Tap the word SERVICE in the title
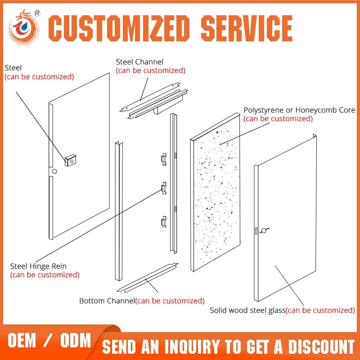(x=246, y=28)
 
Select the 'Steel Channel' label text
(x=139, y=62)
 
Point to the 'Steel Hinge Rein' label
(x=38, y=266)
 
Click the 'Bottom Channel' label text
(x=107, y=301)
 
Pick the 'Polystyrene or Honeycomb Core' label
(x=299, y=110)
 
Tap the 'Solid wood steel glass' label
(x=247, y=310)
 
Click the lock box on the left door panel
(x=70, y=159)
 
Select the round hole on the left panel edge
(x=54, y=172)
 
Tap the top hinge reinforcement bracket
(x=164, y=158)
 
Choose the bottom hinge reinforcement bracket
(x=164, y=221)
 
